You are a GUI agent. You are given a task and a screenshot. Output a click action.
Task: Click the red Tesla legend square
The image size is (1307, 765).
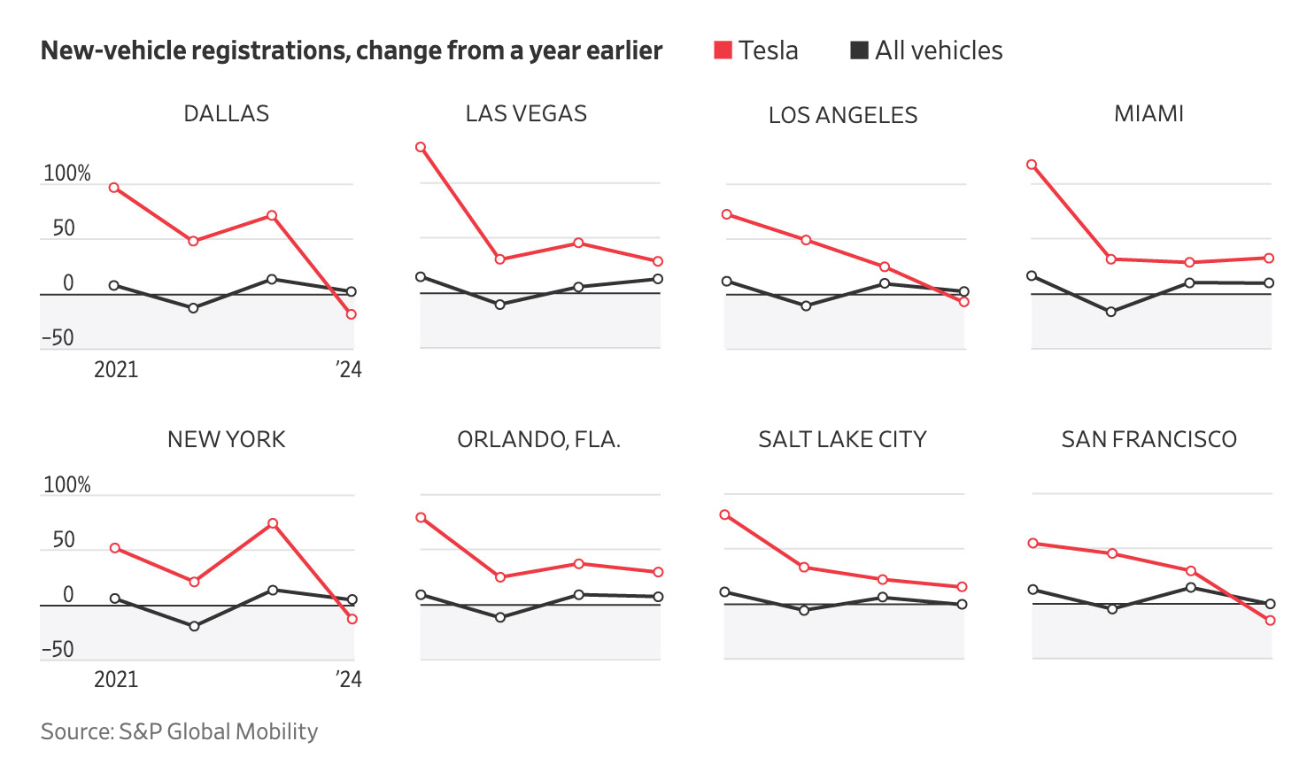point(723,50)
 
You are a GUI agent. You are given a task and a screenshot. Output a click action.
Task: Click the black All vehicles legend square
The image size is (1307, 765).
point(859,50)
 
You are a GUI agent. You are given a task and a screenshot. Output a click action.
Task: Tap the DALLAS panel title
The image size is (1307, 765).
point(226,114)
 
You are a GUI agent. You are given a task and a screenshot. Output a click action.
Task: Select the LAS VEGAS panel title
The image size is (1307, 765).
point(526,114)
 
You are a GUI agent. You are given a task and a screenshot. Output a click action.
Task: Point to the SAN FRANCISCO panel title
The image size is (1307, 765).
point(1148,439)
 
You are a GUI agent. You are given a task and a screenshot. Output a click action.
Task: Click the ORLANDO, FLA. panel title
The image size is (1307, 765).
point(538,439)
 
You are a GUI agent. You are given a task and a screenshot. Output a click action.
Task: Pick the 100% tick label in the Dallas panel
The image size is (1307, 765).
point(67,174)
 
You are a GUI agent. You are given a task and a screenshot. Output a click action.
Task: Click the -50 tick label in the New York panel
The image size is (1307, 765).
point(58,650)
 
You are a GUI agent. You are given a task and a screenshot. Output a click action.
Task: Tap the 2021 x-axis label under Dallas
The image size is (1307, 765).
point(116,369)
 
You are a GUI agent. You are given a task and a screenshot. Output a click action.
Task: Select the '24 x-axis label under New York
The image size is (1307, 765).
point(348,679)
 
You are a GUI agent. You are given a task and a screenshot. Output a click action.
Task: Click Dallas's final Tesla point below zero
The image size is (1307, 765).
point(352,314)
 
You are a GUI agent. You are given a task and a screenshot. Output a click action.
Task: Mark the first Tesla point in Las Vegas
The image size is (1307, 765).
point(421,147)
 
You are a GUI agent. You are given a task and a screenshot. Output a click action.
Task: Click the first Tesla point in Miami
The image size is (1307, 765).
point(1032,165)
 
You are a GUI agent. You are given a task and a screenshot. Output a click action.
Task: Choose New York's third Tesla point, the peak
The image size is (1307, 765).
point(273,523)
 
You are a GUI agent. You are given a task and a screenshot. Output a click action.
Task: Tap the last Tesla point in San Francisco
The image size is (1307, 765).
point(1271,621)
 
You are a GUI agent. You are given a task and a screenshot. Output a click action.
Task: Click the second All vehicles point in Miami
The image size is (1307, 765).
point(1111,312)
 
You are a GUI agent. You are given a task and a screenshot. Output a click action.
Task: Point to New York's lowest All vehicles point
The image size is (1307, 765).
point(194,626)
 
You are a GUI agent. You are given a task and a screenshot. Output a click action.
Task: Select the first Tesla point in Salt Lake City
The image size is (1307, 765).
point(725,514)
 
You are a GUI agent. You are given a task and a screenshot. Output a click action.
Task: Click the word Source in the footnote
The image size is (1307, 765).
point(76,731)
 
